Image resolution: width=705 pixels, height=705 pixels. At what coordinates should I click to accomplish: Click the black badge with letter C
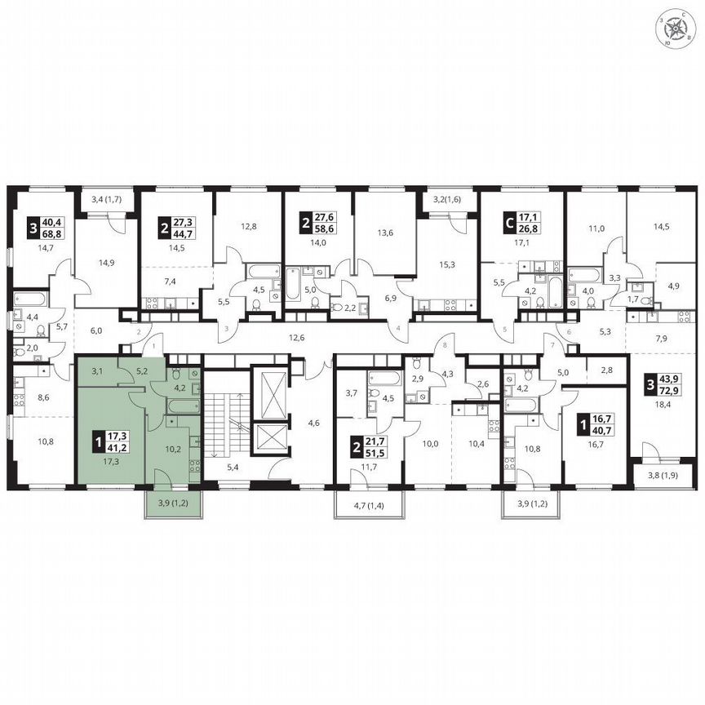508,223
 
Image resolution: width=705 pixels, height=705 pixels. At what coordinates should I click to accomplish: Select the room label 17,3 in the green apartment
100,461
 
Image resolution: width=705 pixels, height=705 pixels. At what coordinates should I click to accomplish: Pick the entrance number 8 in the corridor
444,346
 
